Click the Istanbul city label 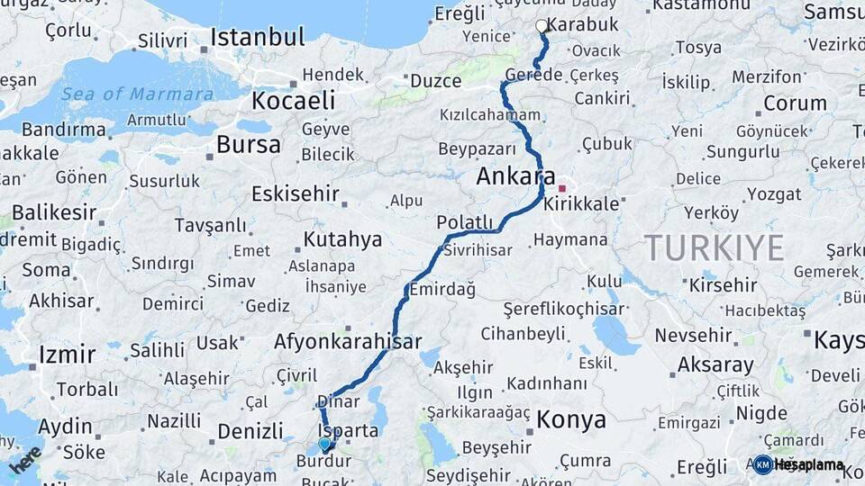(257, 38)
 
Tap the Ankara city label (515, 177)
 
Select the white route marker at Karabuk (542, 26)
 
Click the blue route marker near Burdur (324, 443)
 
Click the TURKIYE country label (714, 247)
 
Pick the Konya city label (571, 420)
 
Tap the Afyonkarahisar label (348, 342)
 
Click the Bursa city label (249, 145)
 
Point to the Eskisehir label (296, 193)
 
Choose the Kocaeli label (294, 100)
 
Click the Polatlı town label (465, 222)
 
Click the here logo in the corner (24, 460)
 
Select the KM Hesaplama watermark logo (799, 464)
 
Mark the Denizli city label (250, 431)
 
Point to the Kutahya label (342, 240)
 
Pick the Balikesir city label (53, 213)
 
